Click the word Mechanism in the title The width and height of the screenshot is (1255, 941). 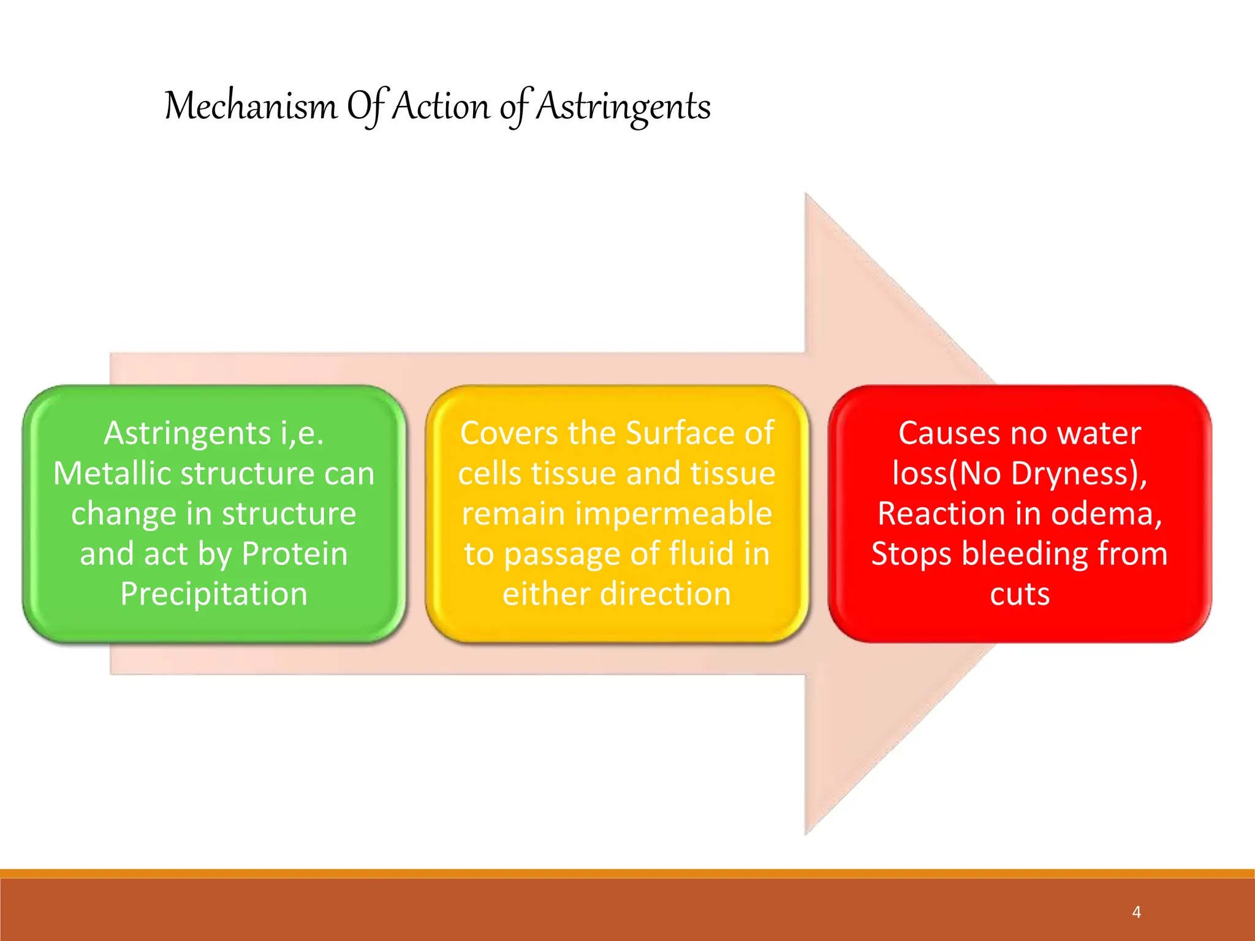pyautogui.click(x=251, y=106)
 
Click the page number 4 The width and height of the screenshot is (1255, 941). pyautogui.click(x=1136, y=912)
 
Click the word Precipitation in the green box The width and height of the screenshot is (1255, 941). pyautogui.click(x=214, y=594)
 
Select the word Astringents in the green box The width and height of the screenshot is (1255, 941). pyautogui.click(x=187, y=434)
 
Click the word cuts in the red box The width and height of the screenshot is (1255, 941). pyautogui.click(x=1020, y=594)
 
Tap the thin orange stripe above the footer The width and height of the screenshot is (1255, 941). pyautogui.click(x=627, y=873)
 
